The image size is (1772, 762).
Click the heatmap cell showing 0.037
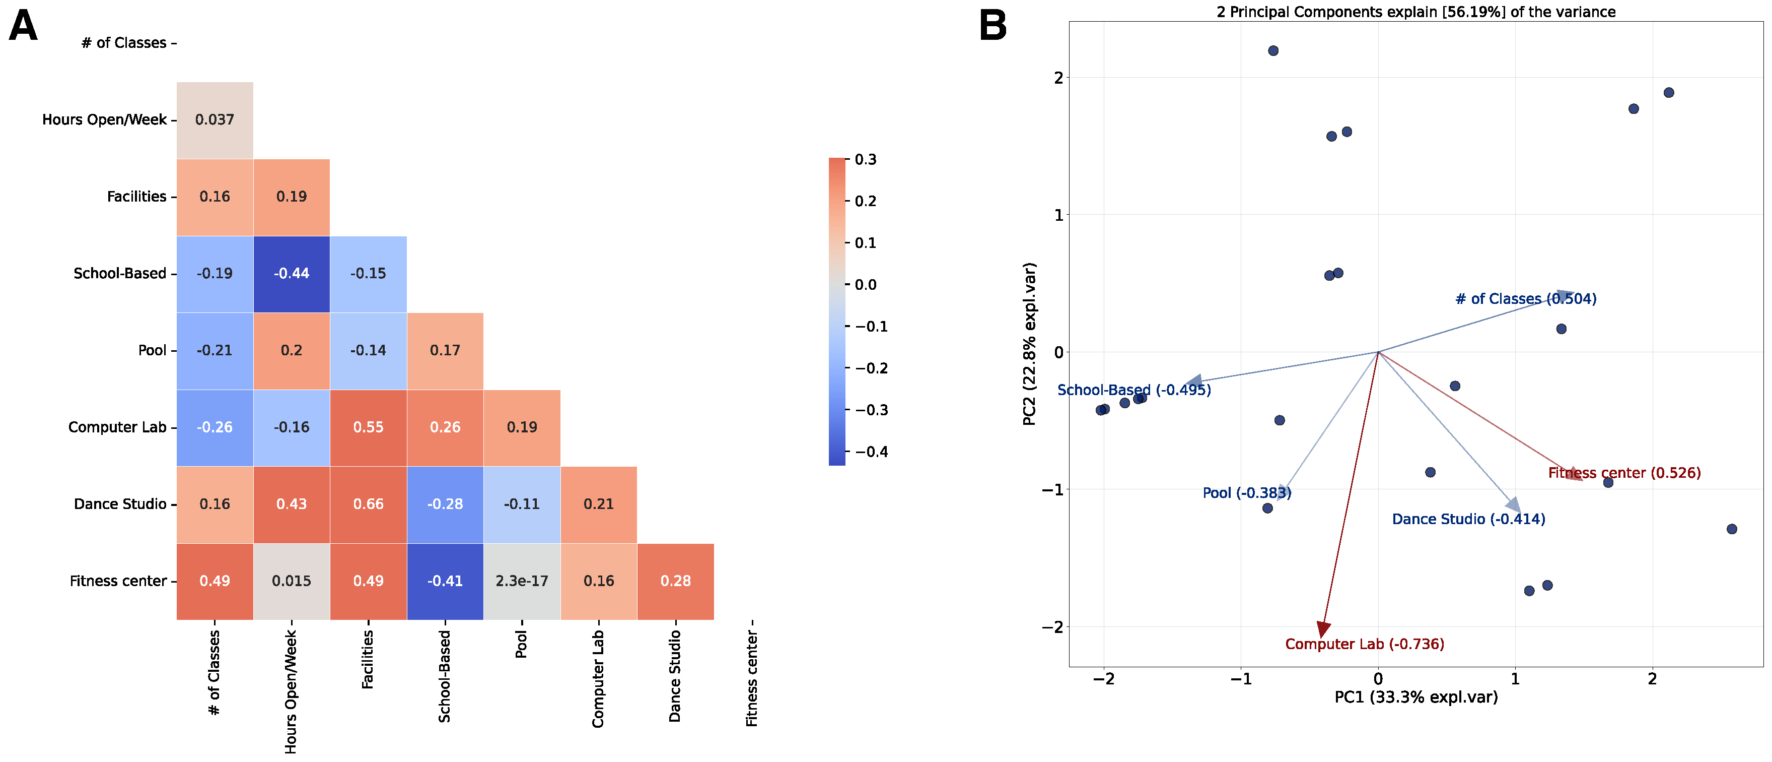tap(215, 120)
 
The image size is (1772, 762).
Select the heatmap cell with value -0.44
tap(292, 273)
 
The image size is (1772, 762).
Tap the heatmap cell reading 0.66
tap(368, 504)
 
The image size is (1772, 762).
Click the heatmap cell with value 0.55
tap(368, 427)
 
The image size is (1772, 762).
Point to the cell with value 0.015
tap(292, 581)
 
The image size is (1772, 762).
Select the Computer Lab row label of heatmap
tap(117, 427)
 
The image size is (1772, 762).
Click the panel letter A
tap(23, 27)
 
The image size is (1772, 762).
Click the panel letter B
tap(992, 27)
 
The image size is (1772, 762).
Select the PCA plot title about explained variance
tap(1415, 12)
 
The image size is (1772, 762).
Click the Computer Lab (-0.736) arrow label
tap(1364, 644)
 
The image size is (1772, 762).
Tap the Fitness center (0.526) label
tap(1624, 473)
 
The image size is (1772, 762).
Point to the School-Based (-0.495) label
tap(1133, 390)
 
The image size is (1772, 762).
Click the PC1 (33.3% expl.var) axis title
tap(1415, 697)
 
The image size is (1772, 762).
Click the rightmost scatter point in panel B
tap(1731, 529)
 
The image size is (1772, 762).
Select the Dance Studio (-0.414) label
tap(1468, 519)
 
